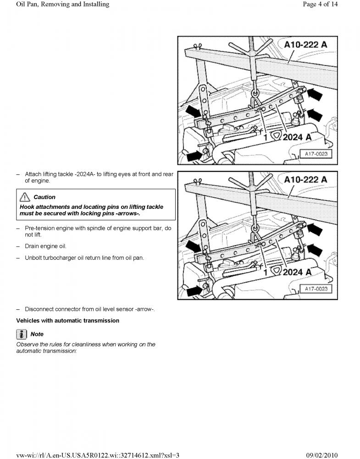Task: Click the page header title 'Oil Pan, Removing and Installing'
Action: pyautogui.click(x=62, y=5)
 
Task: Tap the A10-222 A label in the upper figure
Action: pyautogui.click(x=305, y=45)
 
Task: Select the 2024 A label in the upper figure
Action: pyautogui.click(x=297, y=137)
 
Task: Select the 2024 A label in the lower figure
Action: pyautogui.click(x=297, y=272)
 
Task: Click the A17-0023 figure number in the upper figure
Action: pyautogui.click(x=316, y=154)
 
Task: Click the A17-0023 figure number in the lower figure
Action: pyautogui.click(x=316, y=289)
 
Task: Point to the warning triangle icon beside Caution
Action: pyautogui.click(x=25, y=197)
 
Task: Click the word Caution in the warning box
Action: pyautogui.click(x=44, y=197)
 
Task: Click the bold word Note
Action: pyautogui.click(x=37, y=334)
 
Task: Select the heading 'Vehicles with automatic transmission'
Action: pyautogui.click(x=68, y=320)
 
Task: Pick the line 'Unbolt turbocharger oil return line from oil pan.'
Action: pyautogui.click(x=84, y=257)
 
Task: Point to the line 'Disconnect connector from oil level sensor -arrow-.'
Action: pyautogui.click(x=89, y=309)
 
